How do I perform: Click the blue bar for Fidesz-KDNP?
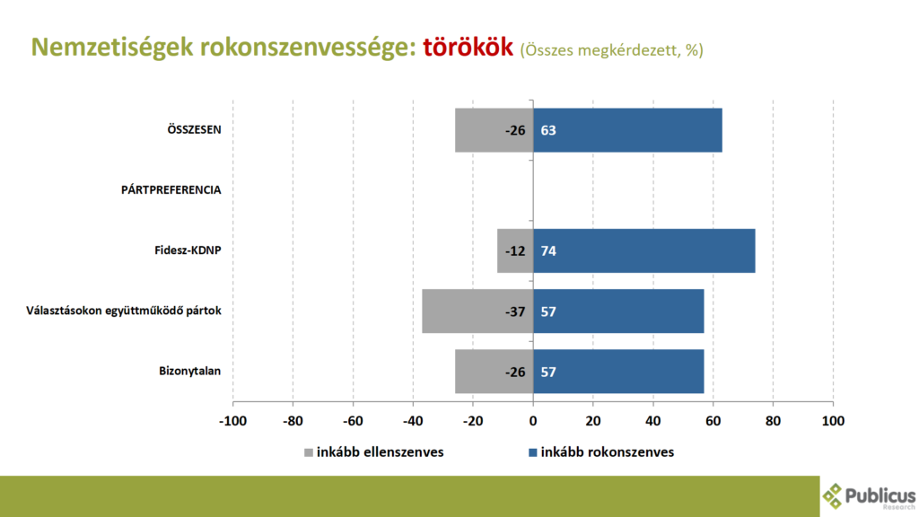pos(643,250)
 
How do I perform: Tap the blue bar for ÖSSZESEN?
pos(627,130)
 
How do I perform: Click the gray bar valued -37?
pos(477,311)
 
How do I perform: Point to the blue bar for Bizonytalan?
pos(618,371)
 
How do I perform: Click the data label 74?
pos(548,250)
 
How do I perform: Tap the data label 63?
pos(548,130)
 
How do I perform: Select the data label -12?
pos(514,250)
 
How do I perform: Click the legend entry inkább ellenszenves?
pos(373,452)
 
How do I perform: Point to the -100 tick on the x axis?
pos(232,420)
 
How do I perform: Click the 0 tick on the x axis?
pos(533,420)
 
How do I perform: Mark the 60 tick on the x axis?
pos(713,420)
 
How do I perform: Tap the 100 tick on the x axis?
pos(834,420)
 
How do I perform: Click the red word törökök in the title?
pos(468,48)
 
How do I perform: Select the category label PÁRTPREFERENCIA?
pos(171,190)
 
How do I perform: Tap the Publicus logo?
pos(869,495)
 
